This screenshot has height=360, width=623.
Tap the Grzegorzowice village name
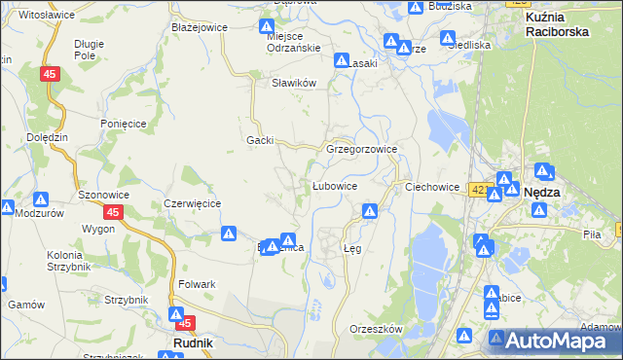[x=361, y=150]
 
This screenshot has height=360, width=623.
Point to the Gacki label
[x=259, y=140]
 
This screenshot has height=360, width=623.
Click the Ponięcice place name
[x=123, y=124]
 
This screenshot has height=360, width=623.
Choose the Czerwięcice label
[x=193, y=203]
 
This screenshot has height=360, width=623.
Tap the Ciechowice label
[x=431, y=186]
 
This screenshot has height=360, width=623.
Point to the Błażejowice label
[x=199, y=27]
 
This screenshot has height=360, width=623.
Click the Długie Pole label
[x=91, y=50]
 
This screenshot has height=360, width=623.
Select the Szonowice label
[x=104, y=195]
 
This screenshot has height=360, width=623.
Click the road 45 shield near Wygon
[x=114, y=212]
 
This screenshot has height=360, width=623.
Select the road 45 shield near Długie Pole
[x=51, y=74]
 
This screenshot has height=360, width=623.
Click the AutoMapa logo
[x=555, y=340]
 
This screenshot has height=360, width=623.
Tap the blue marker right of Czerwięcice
[x=228, y=234]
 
